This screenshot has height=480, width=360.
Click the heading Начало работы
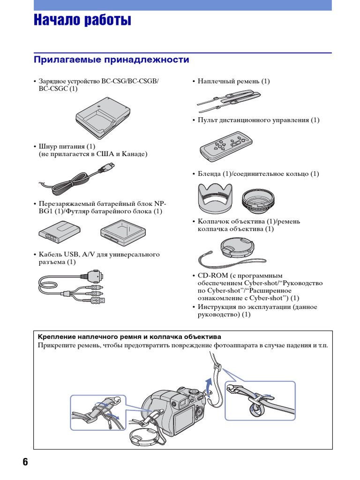click(x=82, y=21)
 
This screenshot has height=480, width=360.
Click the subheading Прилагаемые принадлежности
click(x=112, y=60)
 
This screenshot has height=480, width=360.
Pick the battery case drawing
click(x=123, y=232)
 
